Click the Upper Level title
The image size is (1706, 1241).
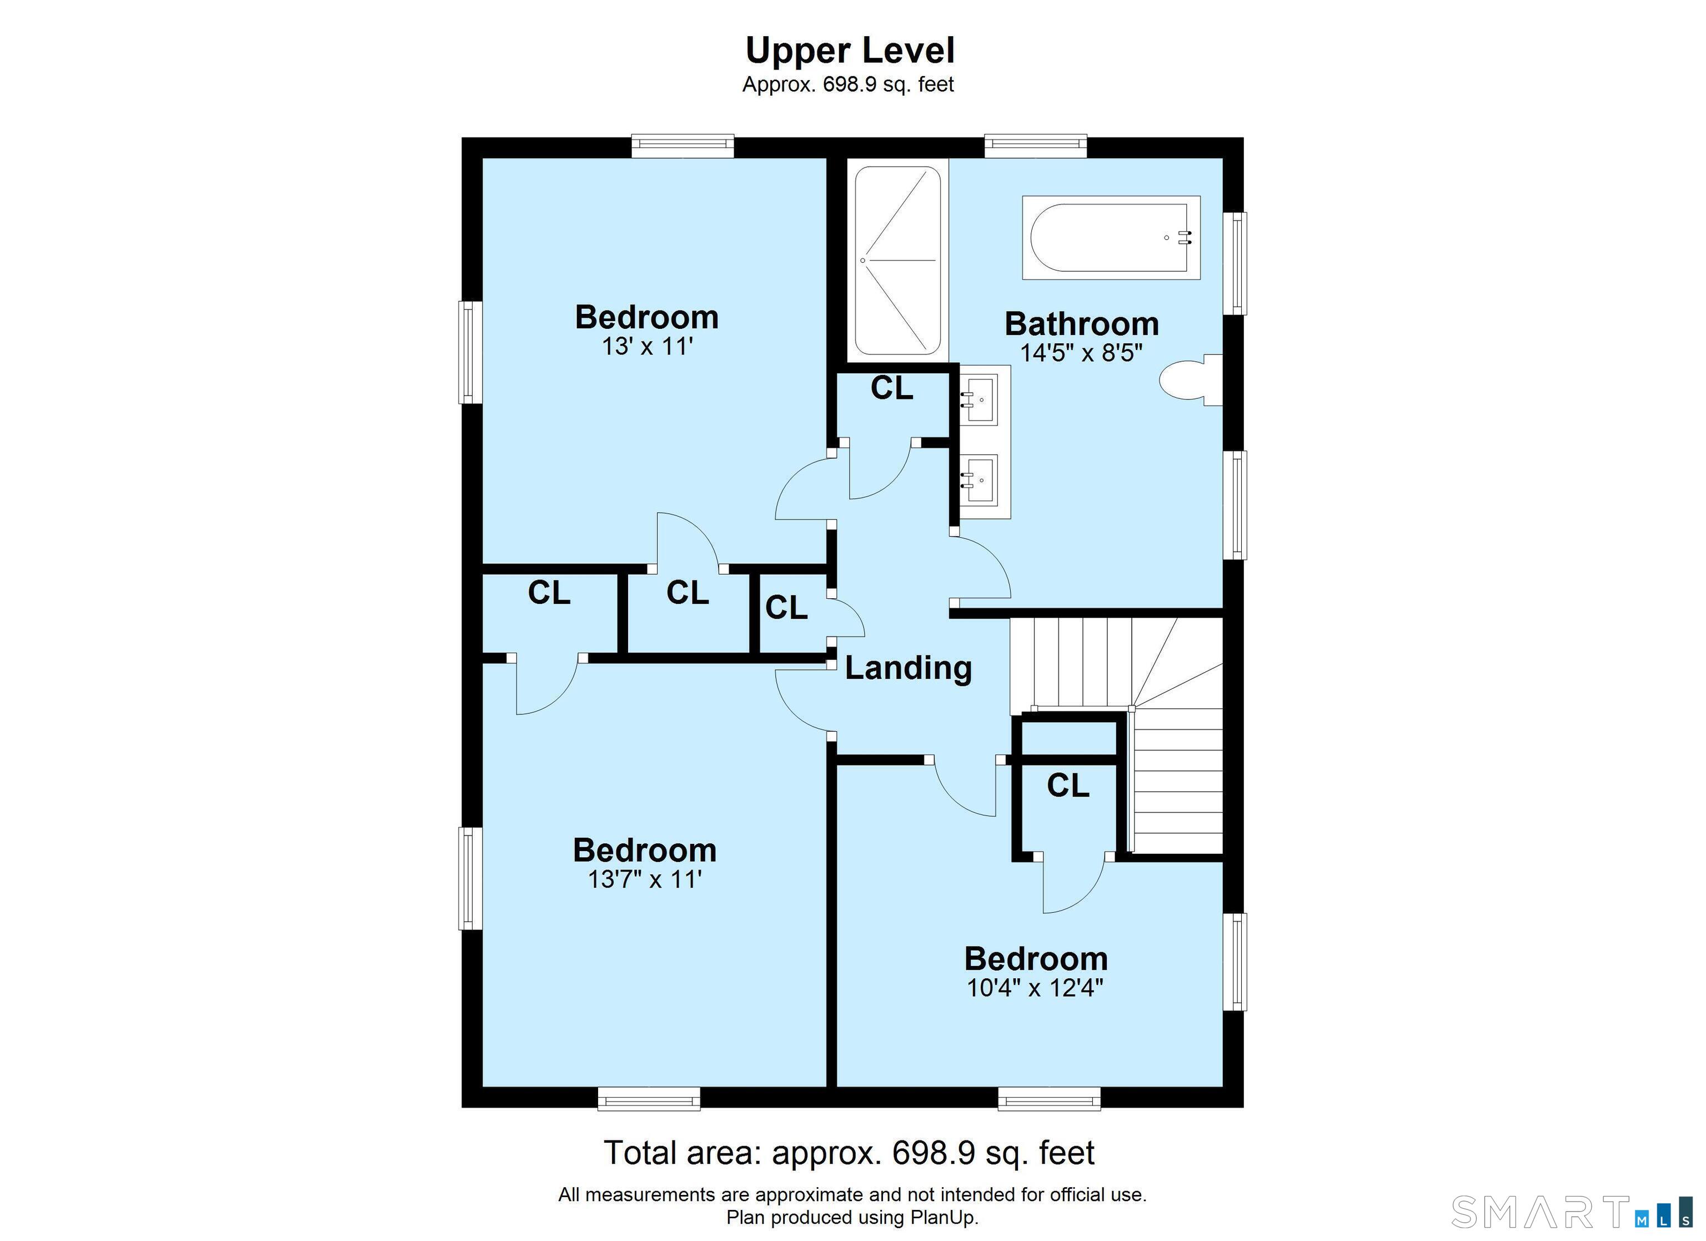850,51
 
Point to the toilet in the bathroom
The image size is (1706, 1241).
1191,380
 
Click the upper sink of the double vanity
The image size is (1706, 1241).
980,399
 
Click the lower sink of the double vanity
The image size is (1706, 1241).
980,479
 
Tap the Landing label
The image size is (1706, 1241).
908,668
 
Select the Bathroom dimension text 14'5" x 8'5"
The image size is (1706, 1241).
1081,352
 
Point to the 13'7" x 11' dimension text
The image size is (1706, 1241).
645,879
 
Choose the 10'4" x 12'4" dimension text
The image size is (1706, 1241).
1035,987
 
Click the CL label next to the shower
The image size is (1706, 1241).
892,388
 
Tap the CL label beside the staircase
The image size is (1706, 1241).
1067,785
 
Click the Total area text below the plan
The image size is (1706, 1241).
849,1152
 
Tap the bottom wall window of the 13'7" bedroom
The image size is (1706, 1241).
649,1099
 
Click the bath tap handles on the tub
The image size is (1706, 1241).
1186,237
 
